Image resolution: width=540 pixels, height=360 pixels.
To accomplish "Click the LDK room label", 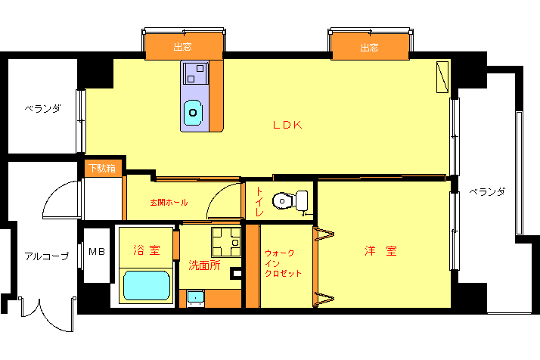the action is coord(287,125).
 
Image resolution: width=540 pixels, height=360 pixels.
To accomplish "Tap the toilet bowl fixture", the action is coord(290,200).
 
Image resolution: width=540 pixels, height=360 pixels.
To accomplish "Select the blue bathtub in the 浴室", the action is coord(147,285).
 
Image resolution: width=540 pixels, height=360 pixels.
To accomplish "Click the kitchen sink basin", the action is coord(193,112).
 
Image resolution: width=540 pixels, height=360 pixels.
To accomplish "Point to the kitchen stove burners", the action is coord(196,73).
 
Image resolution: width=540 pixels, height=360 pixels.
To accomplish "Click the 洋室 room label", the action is coord(380,251).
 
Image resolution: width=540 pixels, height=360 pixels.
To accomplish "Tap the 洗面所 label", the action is coord(204,265).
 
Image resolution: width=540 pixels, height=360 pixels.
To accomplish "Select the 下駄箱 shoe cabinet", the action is coord(102,169).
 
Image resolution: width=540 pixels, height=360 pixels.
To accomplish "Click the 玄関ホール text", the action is coord(169,203).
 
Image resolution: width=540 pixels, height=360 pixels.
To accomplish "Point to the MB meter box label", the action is coord(97,252).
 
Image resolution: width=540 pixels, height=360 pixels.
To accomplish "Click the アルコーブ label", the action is coord(47,256).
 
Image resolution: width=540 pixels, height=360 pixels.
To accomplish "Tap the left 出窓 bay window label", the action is coord(182,47).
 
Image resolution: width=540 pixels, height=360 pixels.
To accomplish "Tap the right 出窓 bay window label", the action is coord(369,47).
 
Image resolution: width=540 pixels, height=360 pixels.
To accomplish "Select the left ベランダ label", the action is coord(42,108).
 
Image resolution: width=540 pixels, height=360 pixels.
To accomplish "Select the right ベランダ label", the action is coord(487,191).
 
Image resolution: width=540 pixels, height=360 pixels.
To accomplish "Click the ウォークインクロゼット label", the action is coord(283,263).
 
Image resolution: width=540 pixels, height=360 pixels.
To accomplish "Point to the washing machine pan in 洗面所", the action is coord(226,242).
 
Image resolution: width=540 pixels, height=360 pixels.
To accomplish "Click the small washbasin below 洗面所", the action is coord(195,298).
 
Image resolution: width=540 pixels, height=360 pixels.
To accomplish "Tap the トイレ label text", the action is coord(259,202).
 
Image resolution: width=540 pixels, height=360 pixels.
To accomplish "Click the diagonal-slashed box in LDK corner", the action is coord(442,77).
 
